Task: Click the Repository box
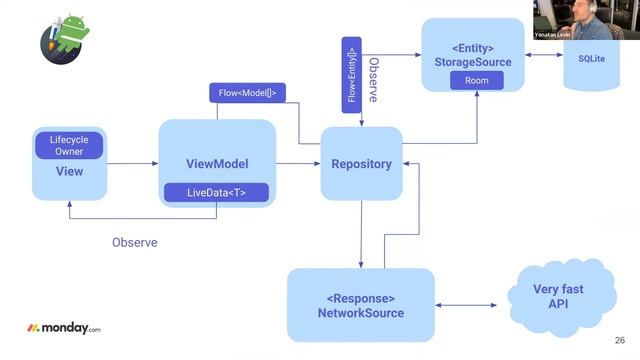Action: coord(360,163)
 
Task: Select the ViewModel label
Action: coord(217,164)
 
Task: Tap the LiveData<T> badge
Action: coord(217,192)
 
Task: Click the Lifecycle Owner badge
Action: coord(69,146)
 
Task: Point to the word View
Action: coord(69,172)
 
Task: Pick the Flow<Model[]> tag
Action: coord(247,93)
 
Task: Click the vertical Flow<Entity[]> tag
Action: coord(351,75)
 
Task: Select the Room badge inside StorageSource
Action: coord(477,80)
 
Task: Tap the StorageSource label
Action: coord(473,62)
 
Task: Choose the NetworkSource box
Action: coord(361,306)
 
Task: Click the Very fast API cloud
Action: coord(558,296)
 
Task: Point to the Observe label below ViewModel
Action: coord(135,242)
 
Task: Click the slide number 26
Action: coord(620,339)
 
